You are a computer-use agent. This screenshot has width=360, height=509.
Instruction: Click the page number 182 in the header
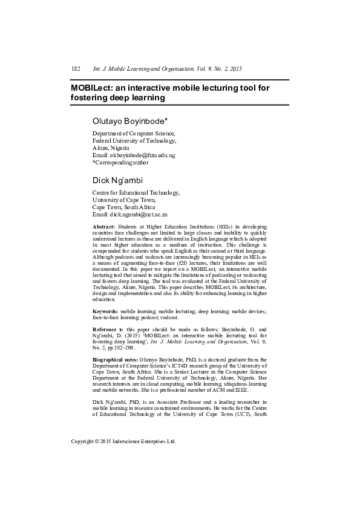click(76, 70)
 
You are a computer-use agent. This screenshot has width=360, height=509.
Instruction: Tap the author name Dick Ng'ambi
click(118, 180)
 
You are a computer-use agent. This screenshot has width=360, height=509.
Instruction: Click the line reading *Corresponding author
click(120, 163)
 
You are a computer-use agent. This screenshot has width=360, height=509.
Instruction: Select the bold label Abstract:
click(103, 225)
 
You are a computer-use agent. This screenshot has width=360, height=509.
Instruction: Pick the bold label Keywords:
click(105, 310)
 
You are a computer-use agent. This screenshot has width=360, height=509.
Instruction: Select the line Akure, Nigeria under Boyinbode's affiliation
click(111, 148)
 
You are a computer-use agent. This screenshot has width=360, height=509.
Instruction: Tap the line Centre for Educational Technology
click(136, 193)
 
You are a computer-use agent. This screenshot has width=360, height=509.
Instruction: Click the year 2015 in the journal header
click(236, 70)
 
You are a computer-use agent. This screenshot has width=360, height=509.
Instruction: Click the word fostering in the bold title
click(91, 97)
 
